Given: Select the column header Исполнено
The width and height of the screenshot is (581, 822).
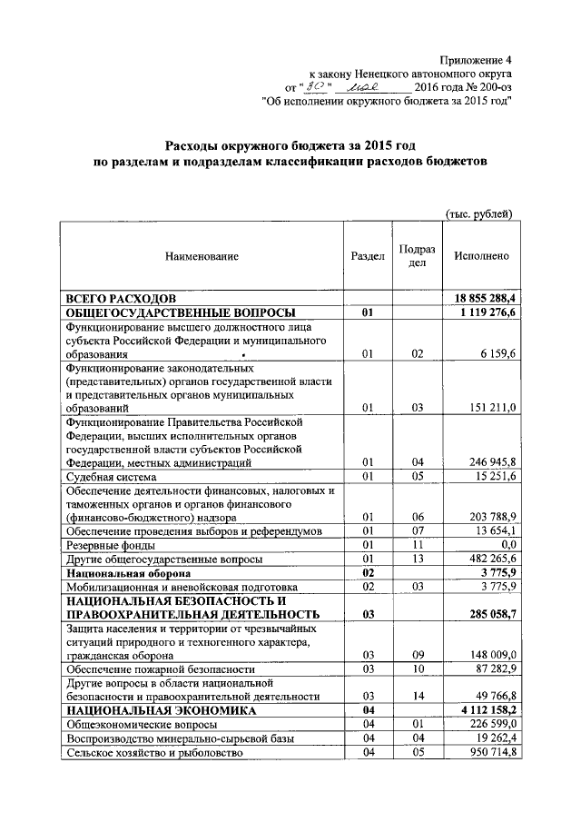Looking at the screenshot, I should coord(481,256).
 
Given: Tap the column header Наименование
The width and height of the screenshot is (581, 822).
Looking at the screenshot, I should coord(202,256).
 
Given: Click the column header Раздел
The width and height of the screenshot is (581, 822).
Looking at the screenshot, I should coord(368,256).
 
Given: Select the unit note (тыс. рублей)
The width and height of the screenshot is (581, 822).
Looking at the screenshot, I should coord(478,213).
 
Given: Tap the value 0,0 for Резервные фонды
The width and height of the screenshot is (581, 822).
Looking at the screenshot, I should coord(506,544).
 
